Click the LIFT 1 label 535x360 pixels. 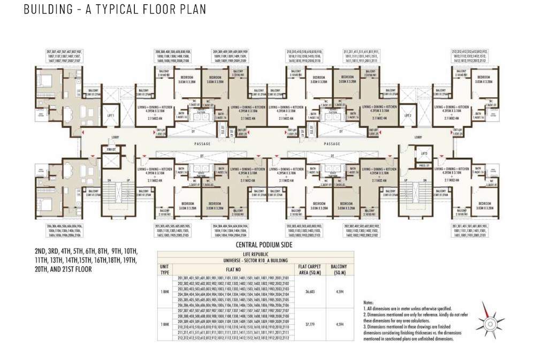pyautogui.click(x=111, y=115)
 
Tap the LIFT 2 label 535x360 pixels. pyautogui.click(x=408, y=115)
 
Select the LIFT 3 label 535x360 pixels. pyautogui.click(x=424, y=154)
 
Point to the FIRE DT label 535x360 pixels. pyautogui.click(x=111, y=149)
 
